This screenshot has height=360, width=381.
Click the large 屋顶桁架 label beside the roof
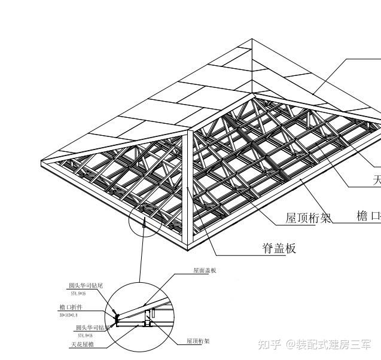point(308,218)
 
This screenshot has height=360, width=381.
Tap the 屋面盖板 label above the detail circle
point(205,270)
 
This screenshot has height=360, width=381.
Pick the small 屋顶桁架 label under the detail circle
point(198,341)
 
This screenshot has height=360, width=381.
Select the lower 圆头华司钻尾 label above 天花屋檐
point(93,328)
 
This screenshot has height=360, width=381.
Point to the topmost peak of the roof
point(252,41)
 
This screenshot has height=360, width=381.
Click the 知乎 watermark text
point(269,344)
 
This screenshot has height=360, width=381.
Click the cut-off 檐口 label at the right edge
point(368,216)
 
